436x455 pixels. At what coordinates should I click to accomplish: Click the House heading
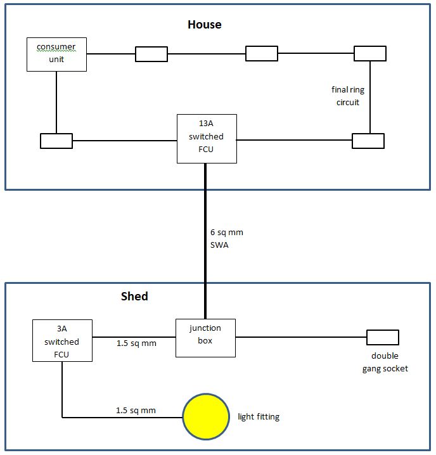(x=205, y=24)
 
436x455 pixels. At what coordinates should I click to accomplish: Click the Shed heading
(x=134, y=296)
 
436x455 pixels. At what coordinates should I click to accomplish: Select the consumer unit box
(x=56, y=54)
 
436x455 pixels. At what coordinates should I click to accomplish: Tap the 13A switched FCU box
(x=207, y=139)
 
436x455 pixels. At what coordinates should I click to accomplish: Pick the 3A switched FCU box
(x=62, y=341)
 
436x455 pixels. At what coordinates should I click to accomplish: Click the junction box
(x=205, y=338)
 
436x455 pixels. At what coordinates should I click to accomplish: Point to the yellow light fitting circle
(x=206, y=416)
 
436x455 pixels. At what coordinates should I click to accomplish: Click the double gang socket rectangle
(x=383, y=337)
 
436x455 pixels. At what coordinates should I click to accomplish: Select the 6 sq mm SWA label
(x=226, y=238)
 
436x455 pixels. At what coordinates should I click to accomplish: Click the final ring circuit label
(x=348, y=96)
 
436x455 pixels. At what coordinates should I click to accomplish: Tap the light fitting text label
(x=259, y=417)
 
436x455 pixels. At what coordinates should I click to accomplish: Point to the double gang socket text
(x=385, y=362)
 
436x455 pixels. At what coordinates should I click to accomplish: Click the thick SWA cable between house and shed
(x=205, y=241)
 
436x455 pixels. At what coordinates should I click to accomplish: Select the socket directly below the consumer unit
(x=56, y=141)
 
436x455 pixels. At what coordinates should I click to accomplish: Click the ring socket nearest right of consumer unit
(x=151, y=54)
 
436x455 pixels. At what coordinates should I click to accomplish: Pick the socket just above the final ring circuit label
(x=370, y=53)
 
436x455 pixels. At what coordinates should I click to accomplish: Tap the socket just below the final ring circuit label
(x=368, y=141)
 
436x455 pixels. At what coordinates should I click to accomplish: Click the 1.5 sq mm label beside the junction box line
(x=136, y=343)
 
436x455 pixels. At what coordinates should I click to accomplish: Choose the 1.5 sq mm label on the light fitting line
(x=136, y=410)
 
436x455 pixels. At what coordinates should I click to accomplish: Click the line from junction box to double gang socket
(x=301, y=337)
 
